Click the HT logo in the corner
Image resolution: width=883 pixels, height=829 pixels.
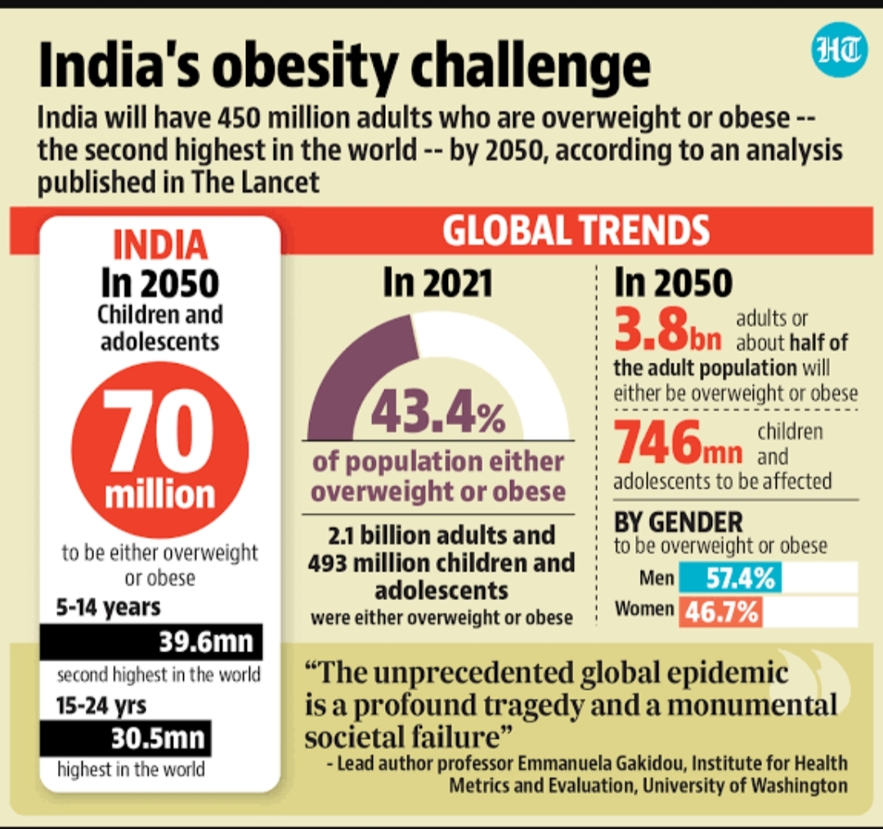pos(839,49)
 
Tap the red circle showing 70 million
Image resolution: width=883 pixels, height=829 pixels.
pos(160,450)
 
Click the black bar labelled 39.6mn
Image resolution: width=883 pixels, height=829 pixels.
pos(151,642)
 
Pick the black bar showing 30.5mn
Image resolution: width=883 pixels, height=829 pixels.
pos(126,738)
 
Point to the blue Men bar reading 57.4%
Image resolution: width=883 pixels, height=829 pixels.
pos(730,577)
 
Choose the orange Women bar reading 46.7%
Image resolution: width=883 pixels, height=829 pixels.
pos(721,612)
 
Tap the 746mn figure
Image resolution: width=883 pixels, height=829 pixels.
pos(678,443)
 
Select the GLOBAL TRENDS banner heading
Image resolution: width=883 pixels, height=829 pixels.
pos(576,231)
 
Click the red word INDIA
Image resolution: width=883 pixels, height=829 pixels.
pos(160,245)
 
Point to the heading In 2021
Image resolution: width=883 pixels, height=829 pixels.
pos(438,283)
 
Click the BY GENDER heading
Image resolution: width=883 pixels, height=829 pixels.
pos(678,522)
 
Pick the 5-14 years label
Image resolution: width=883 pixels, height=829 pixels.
pos(108,607)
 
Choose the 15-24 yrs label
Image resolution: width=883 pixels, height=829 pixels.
pos(101,705)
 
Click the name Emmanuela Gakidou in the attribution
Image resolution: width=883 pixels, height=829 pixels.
pos(602,763)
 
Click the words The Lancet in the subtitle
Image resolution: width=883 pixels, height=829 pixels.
pos(255,182)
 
